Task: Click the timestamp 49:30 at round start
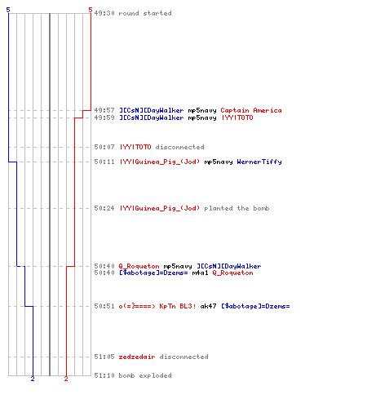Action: click(104, 13)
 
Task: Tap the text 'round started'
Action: click(145, 13)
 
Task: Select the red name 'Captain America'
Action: click(251, 110)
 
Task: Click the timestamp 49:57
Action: click(104, 110)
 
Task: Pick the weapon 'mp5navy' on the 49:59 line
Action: click(202, 118)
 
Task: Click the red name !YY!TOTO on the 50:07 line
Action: click(135, 147)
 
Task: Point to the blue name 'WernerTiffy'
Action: click(259, 162)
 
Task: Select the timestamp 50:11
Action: click(104, 162)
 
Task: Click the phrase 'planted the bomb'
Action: click(237, 208)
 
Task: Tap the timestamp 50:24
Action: click(104, 208)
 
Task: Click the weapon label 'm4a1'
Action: click(200, 273)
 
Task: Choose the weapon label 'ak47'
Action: click(208, 306)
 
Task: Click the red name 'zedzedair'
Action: click(137, 357)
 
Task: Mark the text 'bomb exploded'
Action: click(145, 375)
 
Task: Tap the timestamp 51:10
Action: click(104, 375)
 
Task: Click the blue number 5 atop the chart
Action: click(8, 10)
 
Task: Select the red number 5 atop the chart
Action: click(91, 10)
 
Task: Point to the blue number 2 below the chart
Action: click(33, 379)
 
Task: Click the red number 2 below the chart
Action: click(66, 379)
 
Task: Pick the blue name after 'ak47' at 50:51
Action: click(255, 306)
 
